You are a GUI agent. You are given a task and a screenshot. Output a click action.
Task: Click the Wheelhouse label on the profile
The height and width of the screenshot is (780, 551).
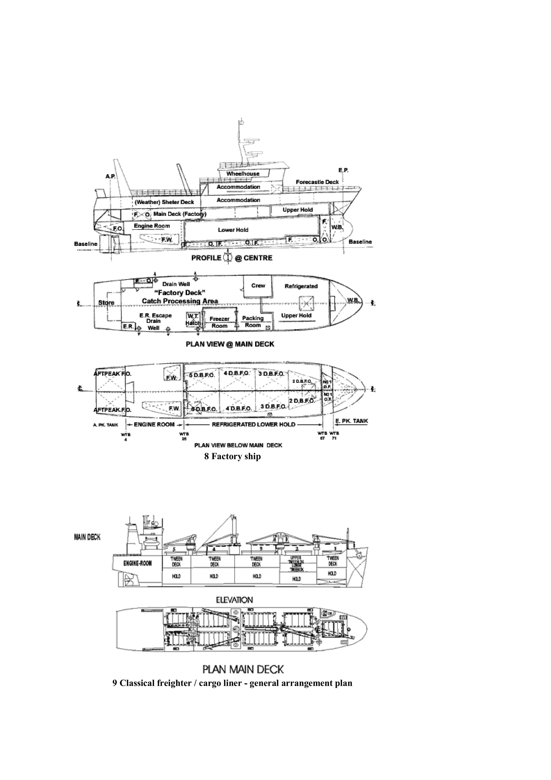pyautogui.click(x=243, y=174)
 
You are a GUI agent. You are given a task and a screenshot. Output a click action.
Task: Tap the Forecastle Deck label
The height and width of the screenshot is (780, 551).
pyautogui.click(x=317, y=182)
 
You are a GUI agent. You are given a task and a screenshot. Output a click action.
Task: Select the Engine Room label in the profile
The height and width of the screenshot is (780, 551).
pyautogui.click(x=152, y=226)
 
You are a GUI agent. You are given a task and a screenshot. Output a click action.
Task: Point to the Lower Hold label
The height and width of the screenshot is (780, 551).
pyautogui.click(x=233, y=230)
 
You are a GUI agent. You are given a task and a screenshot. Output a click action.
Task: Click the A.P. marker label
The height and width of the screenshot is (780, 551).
pyautogui.click(x=111, y=177)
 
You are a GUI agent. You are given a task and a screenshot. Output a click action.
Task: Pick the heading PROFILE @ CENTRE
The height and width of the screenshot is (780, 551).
pyautogui.click(x=232, y=258)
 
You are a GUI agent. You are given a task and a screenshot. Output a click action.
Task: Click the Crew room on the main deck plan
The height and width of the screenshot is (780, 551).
pyautogui.click(x=258, y=286)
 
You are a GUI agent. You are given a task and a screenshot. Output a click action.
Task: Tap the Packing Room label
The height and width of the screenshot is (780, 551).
pyautogui.click(x=253, y=322)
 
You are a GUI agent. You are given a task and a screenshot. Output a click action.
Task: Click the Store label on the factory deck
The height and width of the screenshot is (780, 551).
pyautogui.click(x=106, y=303)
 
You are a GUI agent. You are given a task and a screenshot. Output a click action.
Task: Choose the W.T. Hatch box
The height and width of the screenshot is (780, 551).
pyautogui.click(x=192, y=319)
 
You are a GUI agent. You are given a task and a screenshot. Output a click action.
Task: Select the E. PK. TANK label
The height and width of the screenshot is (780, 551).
pyautogui.click(x=351, y=421)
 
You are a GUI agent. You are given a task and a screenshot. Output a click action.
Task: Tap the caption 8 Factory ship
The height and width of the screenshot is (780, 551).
pyautogui.click(x=232, y=456)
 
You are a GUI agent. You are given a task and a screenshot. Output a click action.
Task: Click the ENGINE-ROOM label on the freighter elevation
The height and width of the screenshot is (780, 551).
pyautogui.click(x=137, y=563)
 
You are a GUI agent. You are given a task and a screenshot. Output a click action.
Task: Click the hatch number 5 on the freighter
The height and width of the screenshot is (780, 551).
pyautogui.click(x=174, y=549)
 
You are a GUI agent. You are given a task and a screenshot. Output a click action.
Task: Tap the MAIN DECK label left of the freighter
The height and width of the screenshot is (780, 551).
pyautogui.click(x=87, y=537)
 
